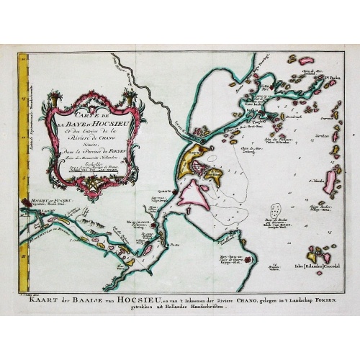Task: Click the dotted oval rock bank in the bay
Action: click(x=273, y=217)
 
